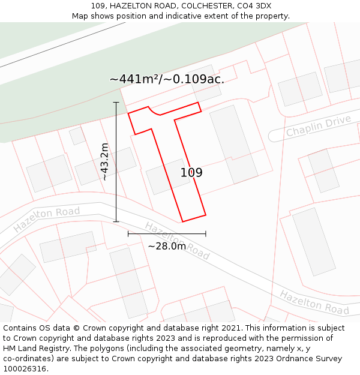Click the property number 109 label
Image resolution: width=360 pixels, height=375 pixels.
(x=191, y=173)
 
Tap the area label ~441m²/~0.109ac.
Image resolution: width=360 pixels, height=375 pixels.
(x=167, y=79)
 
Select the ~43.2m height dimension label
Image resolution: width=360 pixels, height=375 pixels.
(x=104, y=161)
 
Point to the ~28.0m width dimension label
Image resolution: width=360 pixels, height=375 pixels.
(x=167, y=245)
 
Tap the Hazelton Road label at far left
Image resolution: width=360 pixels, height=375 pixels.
(x=46, y=220)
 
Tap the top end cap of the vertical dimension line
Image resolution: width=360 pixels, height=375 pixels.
(x=116, y=103)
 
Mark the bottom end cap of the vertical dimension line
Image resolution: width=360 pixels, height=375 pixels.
(x=116, y=221)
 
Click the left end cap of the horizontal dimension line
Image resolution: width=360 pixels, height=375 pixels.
(x=128, y=233)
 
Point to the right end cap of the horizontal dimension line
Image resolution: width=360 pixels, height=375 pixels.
(x=206, y=233)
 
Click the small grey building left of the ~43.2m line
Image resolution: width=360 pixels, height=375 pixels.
(x=77, y=136)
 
